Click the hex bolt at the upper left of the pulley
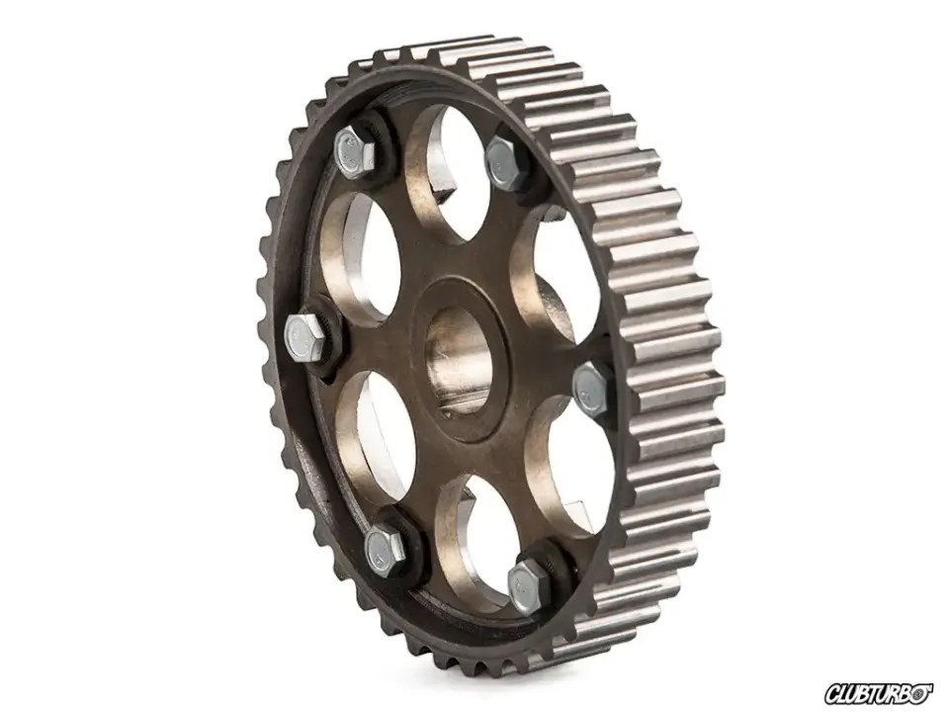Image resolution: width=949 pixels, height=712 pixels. click(x=354, y=152)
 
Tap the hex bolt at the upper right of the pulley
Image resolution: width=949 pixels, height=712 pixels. click(x=507, y=162)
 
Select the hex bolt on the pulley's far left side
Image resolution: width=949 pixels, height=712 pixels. click(x=305, y=338)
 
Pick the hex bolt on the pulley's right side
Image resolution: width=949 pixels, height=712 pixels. click(x=590, y=390)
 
